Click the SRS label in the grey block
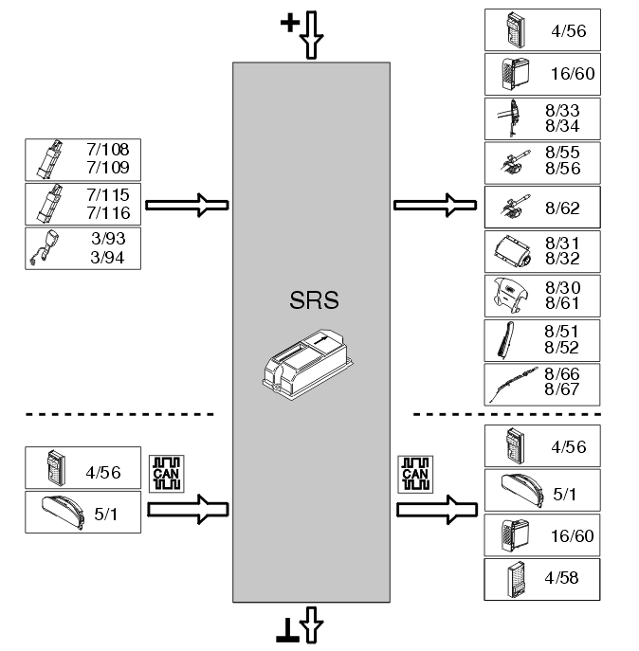[312, 302]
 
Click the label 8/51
[563, 331]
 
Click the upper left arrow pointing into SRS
[188, 203]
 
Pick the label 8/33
[563, 110]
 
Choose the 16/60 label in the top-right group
[573, 74]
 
